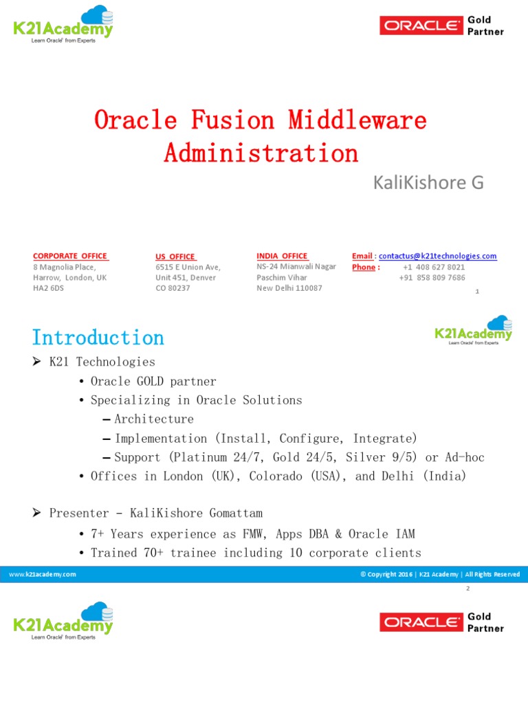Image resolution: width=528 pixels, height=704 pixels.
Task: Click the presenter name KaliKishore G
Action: [428, 182]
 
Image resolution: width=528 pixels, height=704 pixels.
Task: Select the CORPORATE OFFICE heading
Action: [70, 256]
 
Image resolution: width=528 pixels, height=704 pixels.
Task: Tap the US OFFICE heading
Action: [175, 256]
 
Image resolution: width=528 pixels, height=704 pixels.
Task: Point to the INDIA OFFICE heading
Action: [282, 256]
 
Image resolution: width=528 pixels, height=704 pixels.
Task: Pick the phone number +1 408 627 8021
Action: [434, 267]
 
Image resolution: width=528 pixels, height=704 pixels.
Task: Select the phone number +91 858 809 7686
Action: [432, 278]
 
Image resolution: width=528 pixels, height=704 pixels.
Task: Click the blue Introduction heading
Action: [98, 338]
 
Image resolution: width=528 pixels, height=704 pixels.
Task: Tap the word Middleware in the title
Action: [357, 120]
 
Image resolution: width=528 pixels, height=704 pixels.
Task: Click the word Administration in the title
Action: [261, 153]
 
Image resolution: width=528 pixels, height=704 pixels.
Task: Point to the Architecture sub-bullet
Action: [154, 419]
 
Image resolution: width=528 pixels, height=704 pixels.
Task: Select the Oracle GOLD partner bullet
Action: [153, 381]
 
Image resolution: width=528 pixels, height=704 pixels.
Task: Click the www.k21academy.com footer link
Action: [43, 574]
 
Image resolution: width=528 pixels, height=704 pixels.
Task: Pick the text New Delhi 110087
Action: [289, 288]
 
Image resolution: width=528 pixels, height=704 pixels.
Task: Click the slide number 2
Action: [467, 589]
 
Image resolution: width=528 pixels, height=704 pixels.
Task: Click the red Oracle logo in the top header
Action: [421, 26]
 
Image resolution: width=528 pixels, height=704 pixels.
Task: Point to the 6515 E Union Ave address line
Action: [188, 267]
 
